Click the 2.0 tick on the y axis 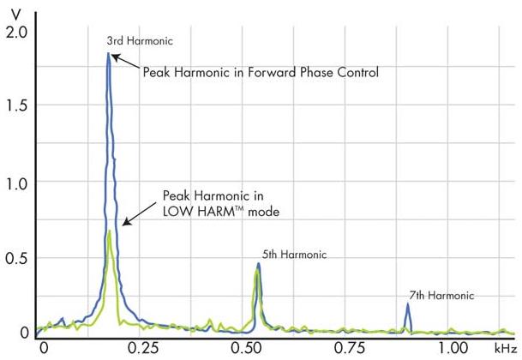pyautogui.click(x=16, y=31)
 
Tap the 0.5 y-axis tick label pyautogui.click(x=16, y=259)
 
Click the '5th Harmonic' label pyautogui.click(x=291, y=255)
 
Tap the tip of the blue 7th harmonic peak pyautogui.click(x=408, y=304)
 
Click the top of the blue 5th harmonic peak pyautogui.click(x=258, y=264)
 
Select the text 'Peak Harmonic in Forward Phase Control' pyautogui.click(x=261, y=73)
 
